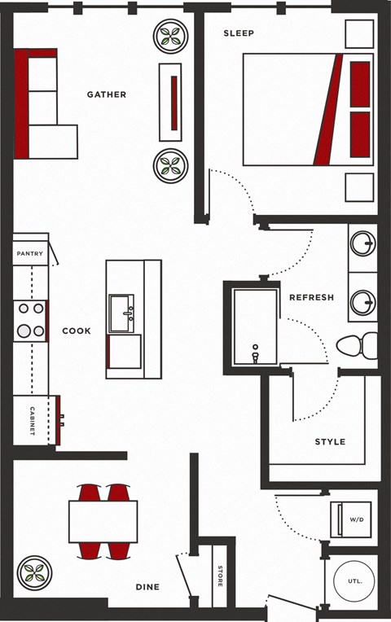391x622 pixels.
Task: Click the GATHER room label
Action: click(107, 94)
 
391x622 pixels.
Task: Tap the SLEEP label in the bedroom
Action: click(239, 33)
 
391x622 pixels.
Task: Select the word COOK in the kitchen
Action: click(77, 331)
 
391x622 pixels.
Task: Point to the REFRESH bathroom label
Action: click(312, 297)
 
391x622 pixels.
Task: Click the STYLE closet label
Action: click(330, 442)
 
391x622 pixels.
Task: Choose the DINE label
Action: click(147, 587)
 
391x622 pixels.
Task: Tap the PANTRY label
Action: click(30, 253)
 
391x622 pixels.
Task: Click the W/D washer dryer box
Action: click(351, 519)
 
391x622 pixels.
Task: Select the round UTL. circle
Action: click(354, 581)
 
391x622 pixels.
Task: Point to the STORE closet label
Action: click(220, 576)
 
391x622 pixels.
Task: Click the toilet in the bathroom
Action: click(357, 346)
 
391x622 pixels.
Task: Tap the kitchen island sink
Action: click(121, 313)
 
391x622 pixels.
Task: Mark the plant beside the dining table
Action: click(34, 573)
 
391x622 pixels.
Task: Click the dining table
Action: click(103, 522)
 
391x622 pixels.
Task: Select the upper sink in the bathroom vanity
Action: click(362, 243)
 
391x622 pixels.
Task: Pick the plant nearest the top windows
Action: click(171, 36)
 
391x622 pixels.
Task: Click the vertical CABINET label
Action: click(32, 421)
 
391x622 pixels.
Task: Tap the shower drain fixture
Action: click(255, 353)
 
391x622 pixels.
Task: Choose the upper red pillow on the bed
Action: click(360, 84)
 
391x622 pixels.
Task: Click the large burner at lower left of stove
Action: click(24, 331)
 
